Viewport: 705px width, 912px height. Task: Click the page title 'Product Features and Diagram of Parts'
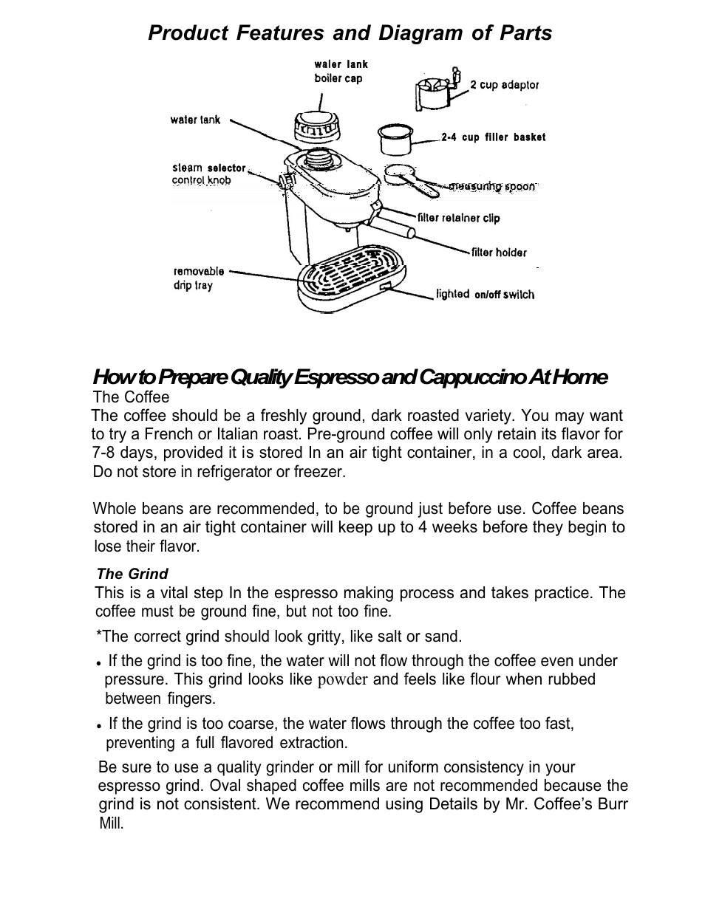pos(350,33)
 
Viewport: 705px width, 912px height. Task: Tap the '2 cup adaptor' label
pos(504,85)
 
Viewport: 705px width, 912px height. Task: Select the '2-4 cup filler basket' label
pos(493,137)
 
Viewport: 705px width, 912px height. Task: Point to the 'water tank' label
pos(195,120)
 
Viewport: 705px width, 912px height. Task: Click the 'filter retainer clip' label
pos(458,218)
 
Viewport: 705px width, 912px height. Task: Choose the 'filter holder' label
pos(499,253)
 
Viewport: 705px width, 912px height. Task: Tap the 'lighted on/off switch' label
pos(485,294)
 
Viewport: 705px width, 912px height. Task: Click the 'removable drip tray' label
pos(198,278)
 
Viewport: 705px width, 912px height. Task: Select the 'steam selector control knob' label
pos(208,174)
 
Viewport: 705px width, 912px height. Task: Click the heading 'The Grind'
pos(132,574)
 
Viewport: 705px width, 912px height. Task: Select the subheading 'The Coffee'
pos(131,397)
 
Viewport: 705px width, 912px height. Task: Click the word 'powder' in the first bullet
pos(342,680)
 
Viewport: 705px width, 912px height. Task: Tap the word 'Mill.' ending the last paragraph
pos(112,823)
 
